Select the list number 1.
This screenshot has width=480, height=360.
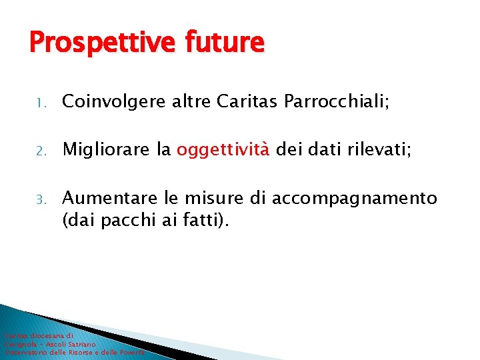(x=40, y=103)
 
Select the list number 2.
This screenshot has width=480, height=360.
(x=40, y=151)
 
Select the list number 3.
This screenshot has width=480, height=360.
(x=40, y=199)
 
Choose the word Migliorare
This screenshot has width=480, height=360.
(x=107, y=150)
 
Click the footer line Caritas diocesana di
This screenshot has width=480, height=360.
(x=38, y=337)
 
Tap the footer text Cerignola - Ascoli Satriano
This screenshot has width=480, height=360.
(x=50, y=344)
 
